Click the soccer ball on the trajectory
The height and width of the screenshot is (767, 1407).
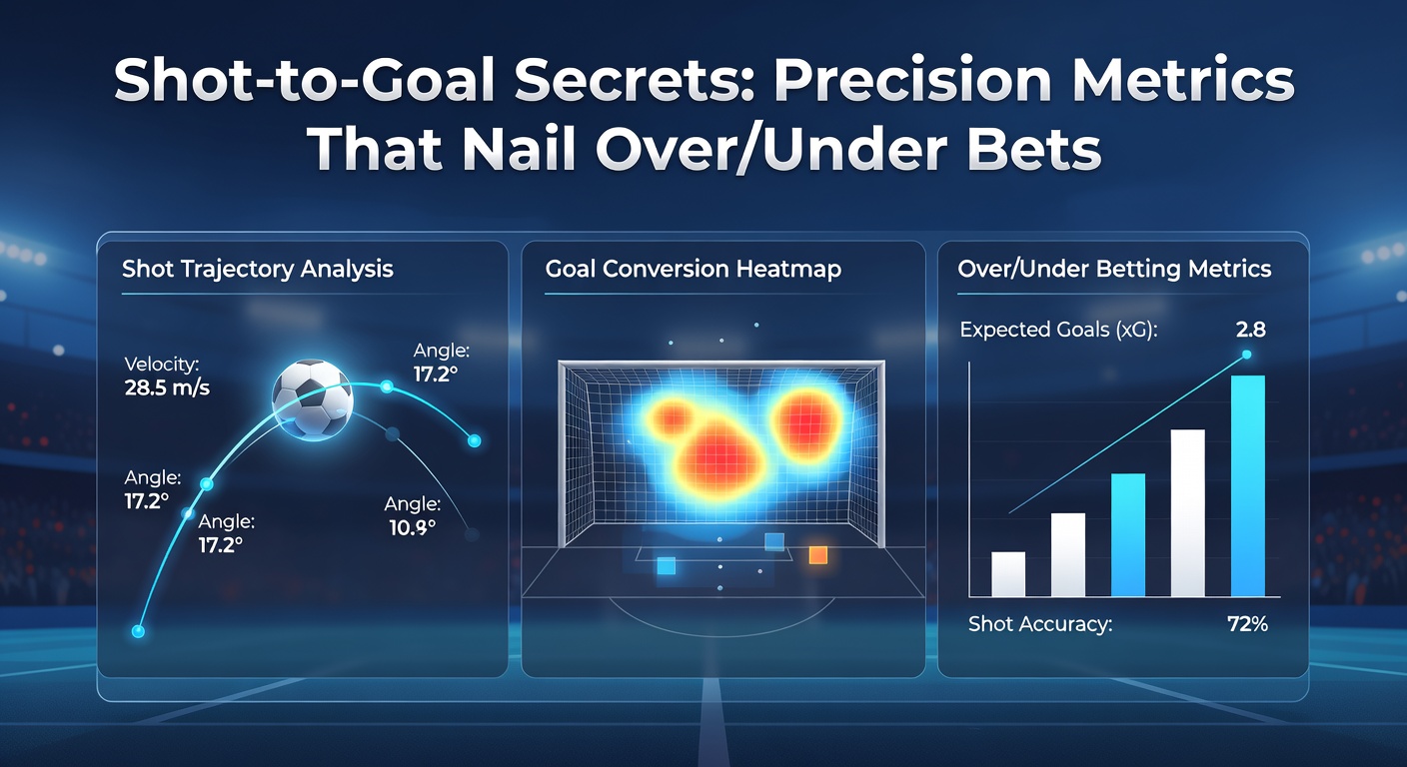click(x=312, y=399)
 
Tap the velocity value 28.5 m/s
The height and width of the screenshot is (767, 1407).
click(x=167, y=387)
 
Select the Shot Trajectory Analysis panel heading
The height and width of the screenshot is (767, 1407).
click(x=258, y=270)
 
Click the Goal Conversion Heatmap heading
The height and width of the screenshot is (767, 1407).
click(x=693, y=270)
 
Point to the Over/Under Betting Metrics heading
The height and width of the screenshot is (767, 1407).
click(x=1114, y=270)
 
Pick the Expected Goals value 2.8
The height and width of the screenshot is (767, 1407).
click(x=1250, y=330)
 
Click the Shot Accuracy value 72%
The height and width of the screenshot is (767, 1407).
click(x=1247, y=624)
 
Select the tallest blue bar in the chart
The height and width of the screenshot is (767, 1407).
click(x=1247, y=485)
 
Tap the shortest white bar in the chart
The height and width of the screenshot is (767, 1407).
click(x=1008, y=574)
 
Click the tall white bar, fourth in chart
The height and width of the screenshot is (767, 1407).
click(x=1188, y=512)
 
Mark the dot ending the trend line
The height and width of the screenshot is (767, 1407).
click(x=1247, y=355)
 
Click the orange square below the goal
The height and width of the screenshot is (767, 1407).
click(x=817, y=555)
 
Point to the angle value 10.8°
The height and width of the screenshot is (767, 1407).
click(x=412, y=528)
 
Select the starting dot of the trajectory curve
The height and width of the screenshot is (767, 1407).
click(x=138, y=631)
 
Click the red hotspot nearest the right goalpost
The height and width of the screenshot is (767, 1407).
click(x=806, y=420)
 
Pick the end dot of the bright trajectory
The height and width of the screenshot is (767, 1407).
click(x=475, y=440)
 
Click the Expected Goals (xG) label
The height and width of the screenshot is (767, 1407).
click(x=1058, y=331)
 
